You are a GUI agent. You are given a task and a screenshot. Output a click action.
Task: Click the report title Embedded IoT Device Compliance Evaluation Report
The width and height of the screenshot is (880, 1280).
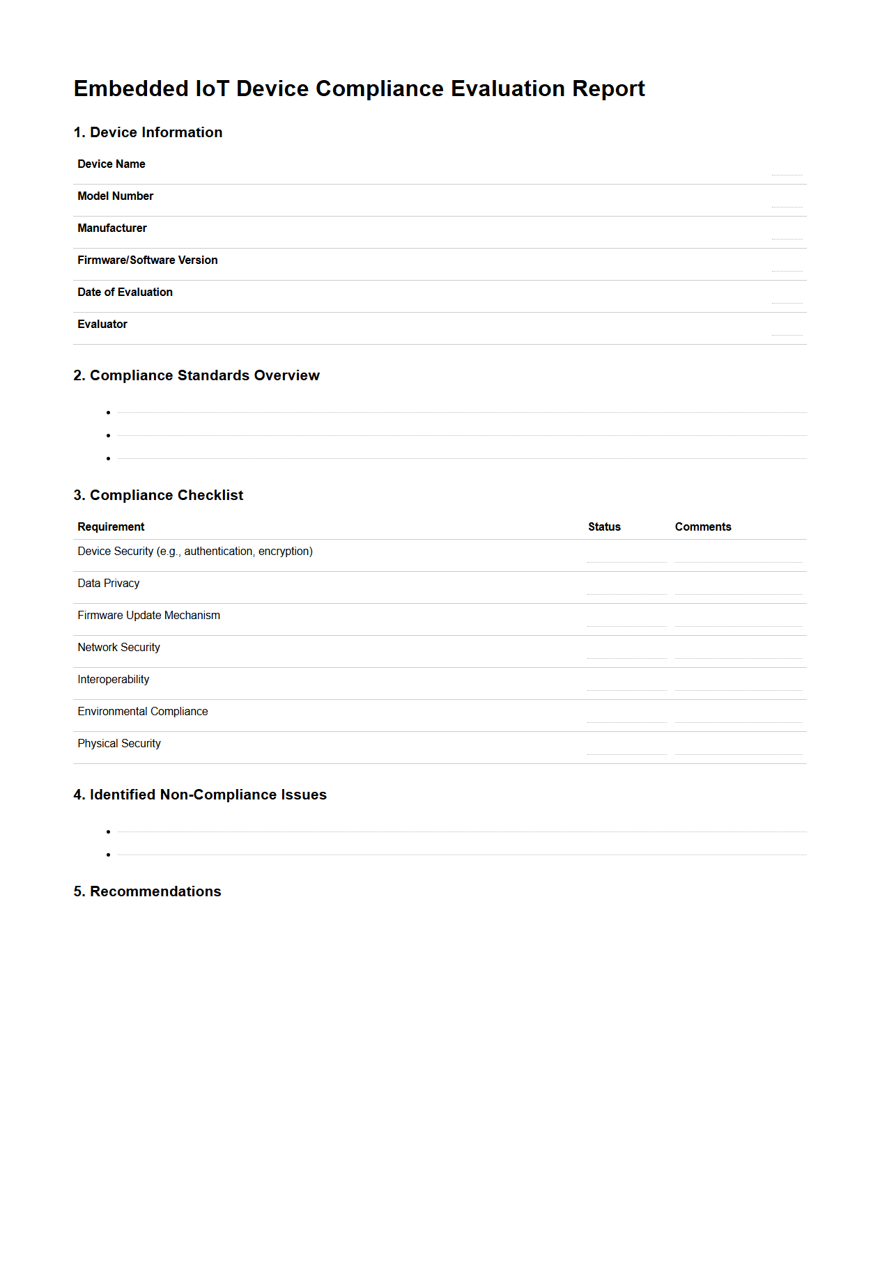tap(359, 88)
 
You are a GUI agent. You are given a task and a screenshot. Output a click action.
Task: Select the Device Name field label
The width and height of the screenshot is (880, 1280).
tap(111, 164)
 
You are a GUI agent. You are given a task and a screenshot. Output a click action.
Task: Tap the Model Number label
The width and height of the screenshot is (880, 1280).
tap(115, 196)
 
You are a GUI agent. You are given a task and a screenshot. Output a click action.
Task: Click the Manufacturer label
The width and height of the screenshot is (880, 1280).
tap(112, 228)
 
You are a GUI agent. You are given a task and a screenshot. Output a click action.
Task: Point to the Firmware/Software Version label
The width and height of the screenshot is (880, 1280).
tap(148, 260)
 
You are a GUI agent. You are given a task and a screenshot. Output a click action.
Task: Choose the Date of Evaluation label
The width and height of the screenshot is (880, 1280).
tap(125, 292)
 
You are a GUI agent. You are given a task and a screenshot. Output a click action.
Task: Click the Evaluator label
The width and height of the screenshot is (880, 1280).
tap(102, 325)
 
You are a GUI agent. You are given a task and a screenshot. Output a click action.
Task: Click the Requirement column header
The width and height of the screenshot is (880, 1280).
tap(111, 527)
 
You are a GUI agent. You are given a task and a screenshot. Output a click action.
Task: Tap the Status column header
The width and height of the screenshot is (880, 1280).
tap(604, 527)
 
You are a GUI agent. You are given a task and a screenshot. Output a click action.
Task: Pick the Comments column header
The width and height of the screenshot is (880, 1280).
tap(703, 527)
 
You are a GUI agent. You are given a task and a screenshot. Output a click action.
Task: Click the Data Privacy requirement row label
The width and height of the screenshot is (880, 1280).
tap(109, 584)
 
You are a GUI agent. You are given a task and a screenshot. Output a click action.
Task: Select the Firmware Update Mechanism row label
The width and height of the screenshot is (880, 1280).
tap(148, 616)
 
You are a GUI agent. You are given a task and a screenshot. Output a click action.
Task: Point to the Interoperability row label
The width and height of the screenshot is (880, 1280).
tap(114, 680)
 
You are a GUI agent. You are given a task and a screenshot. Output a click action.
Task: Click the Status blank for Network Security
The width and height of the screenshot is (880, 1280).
tap(626, 652)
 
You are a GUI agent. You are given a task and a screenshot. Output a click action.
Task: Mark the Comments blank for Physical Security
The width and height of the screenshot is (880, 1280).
tap(739, 748)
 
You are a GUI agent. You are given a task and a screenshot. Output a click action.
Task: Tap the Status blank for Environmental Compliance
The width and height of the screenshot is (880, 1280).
tap(626, 716)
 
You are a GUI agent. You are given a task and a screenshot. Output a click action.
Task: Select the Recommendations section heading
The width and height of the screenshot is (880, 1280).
tap(147, 891)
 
